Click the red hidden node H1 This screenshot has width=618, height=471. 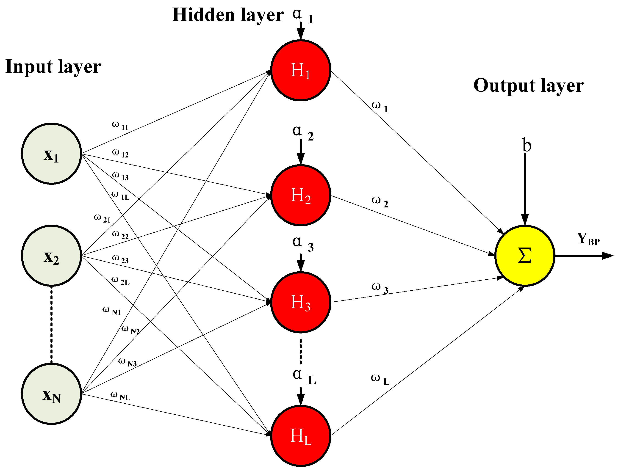click(x=300, y=70)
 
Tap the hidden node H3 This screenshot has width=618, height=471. click(x=300, y=303)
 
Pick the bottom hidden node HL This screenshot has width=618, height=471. click(x=300, y=436)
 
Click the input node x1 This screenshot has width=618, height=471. click(x=52, y=154)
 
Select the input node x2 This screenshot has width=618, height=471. click(x=52, y=256)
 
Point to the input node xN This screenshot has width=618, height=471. click(x=52, y=394)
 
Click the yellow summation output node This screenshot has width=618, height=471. click(x=525, y=256)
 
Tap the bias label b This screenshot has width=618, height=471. click(x=527, y=145)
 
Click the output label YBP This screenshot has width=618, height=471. click(x=588, y=239)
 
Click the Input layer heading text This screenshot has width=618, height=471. click(x=53, y=67)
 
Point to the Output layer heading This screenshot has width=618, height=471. click(x=529, y=85)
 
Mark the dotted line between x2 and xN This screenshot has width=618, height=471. click(x=51, y=325)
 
